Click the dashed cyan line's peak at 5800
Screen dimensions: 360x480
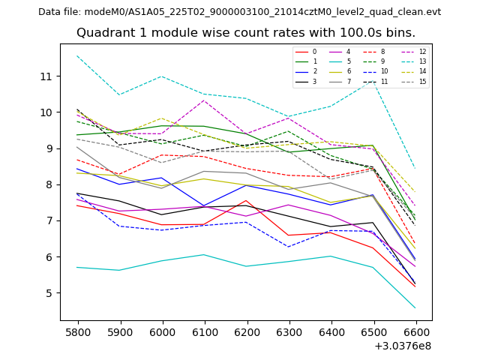pos(78,56)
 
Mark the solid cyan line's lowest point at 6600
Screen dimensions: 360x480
pos(415,307)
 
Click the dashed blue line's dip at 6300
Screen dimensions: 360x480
pos(288,247)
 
